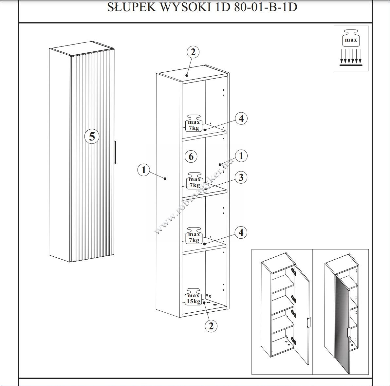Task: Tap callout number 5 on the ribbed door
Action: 92,137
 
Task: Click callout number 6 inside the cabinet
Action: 191,156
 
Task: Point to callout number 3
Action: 241,177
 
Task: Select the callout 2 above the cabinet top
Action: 193,52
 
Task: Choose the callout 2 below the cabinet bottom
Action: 211,326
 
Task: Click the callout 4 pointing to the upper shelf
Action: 241,118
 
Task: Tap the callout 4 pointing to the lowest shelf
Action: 241,233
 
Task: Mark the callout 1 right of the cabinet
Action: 241,156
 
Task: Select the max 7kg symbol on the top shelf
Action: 194,123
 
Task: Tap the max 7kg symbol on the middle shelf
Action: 194,181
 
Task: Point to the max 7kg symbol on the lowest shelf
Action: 194,236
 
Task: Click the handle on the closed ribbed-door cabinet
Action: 115,152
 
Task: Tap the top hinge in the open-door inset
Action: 293,271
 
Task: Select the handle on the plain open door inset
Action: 308,322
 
